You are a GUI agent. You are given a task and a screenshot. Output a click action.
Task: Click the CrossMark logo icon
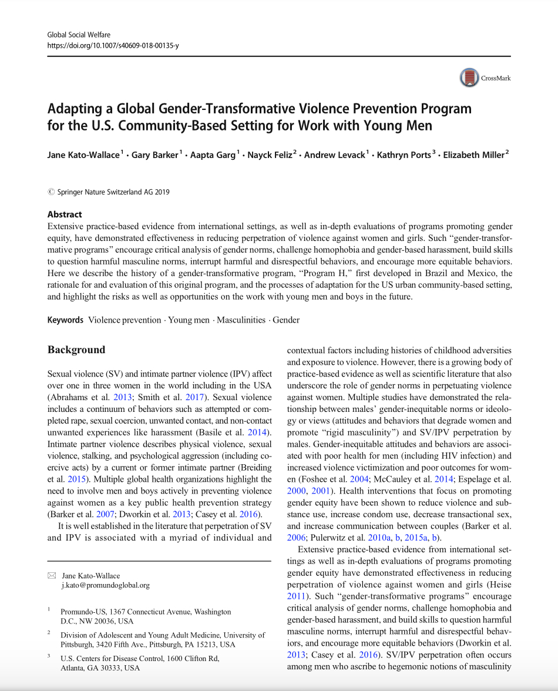coord(469,78)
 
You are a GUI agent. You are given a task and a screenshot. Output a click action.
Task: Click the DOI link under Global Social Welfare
coord(113,45)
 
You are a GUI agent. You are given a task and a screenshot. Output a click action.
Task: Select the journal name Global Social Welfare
coord(79,35)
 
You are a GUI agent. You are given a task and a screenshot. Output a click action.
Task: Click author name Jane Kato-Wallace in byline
coord(83,155)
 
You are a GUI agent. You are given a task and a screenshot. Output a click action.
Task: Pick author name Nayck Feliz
coord(270,155)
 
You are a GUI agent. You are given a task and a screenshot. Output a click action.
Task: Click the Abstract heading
coord(65,214)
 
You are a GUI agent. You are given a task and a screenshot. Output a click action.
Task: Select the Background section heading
coord(76,350)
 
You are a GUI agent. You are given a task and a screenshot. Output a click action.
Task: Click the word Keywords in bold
coord(65,320)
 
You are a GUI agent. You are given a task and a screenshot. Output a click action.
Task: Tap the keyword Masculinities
coord(241,320)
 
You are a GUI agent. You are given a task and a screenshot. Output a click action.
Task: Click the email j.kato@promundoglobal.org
coord(106,585)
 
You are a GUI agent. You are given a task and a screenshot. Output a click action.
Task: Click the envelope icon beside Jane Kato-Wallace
coord(52,576)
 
